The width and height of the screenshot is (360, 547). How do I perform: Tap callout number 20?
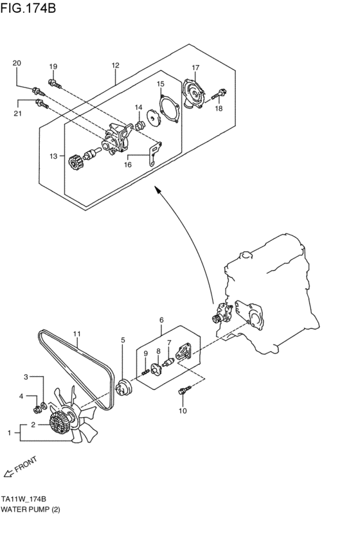coord(17,63)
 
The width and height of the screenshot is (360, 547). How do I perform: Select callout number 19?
coord(53,67)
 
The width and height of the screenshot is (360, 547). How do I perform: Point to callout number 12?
coord(115,66)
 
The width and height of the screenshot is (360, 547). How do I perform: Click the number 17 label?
coord(195,67)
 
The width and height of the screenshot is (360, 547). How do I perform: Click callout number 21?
coord(18,114)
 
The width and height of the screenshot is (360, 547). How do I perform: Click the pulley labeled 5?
coord(122,388)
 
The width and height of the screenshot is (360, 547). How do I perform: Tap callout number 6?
coord(161,319)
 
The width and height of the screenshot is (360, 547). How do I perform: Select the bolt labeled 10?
coord(184,390)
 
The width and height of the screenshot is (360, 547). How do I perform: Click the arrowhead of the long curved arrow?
coord(155,190)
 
